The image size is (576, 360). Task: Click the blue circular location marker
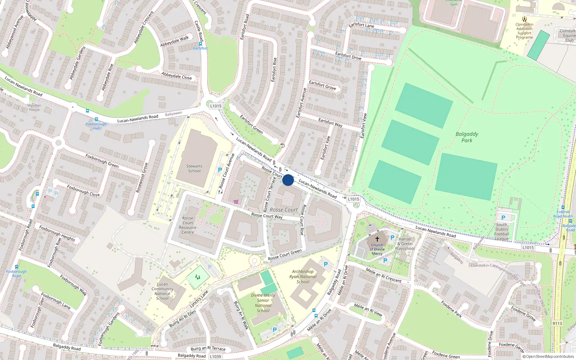point(288,180)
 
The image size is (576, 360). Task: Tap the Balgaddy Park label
point(467,137)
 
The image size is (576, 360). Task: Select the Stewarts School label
point(194,168)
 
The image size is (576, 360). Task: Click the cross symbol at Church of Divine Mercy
point(377,239)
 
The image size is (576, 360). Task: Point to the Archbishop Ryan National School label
point(303,277)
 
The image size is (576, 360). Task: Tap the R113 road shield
point(557,323)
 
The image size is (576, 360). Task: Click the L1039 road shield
point(215,356)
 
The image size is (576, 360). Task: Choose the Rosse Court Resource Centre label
point(188,225)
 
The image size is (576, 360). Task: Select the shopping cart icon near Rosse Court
point(236,202)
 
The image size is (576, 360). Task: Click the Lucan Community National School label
point(162,291)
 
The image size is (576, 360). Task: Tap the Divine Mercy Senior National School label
point(263,303)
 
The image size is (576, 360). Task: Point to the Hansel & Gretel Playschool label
point(405,244)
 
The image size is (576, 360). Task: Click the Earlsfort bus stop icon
point(201,44)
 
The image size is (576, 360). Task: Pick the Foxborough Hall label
point(96,126)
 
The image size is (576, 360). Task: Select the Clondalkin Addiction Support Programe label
point(525,31)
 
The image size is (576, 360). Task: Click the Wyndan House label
point(34,108)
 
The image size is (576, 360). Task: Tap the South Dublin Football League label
point(501,231)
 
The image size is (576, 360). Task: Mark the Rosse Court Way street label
point(267,216)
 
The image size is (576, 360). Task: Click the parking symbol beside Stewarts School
point(220,170)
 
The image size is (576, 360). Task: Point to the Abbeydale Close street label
point(176,76)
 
